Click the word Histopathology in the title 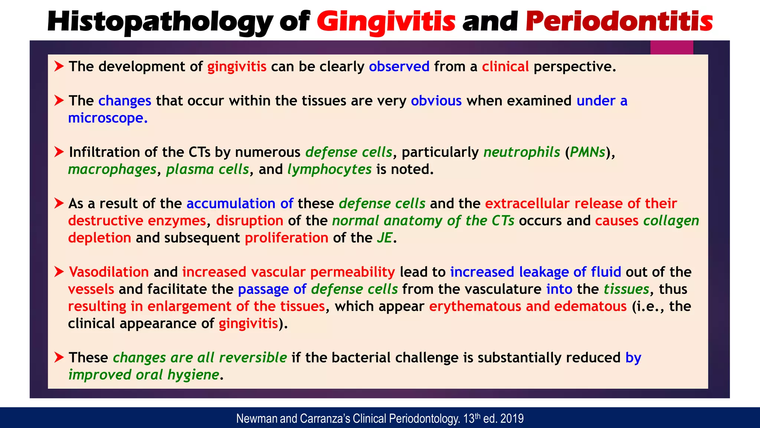[x=160, y=22]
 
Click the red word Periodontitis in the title [x=619, y=22]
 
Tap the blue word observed [x=399, y=67]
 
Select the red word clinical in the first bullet [x=505, y=67]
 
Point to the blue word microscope [x=107, y=118]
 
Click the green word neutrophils [x=521, y=152]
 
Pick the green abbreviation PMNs [x=587, y=152]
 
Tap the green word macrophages [x=112, y=169]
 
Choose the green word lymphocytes [x=329, y=169]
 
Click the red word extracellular [x=527, y=204]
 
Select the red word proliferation [x=286, y=238]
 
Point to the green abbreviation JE [x=384, y=238]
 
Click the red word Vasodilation [x=109, y=272]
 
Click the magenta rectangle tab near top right [x=672, y=48]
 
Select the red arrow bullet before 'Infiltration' [x=59, y=152]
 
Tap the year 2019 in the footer [x=512, y=419]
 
